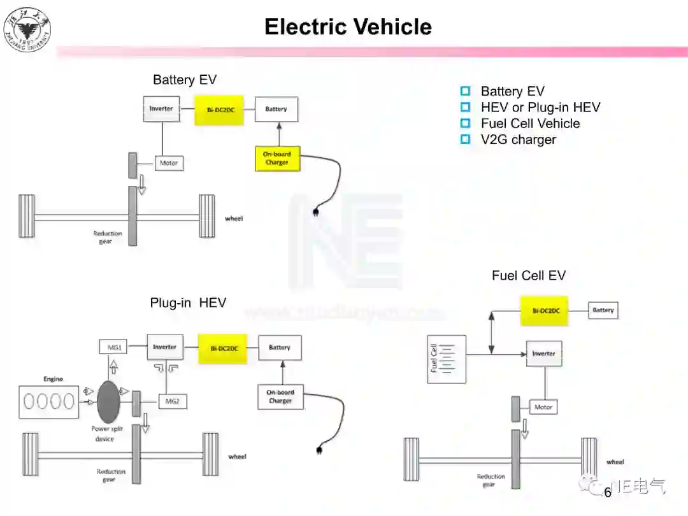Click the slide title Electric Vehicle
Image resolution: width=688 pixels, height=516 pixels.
[348, 27]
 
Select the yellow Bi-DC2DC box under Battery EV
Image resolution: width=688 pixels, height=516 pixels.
[220, 110]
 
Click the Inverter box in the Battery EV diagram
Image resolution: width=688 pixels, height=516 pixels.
[161, 109]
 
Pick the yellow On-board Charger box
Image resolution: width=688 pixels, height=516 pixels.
[276, 158]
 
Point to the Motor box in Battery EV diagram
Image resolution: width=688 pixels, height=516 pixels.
[169, 163]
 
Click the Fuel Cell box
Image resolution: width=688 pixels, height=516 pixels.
[447, 359]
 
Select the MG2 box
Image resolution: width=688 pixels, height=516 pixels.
[172, 401]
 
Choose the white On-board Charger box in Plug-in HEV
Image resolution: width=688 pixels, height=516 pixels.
[280, 396]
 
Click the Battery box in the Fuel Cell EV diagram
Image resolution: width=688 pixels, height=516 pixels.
[603, 310]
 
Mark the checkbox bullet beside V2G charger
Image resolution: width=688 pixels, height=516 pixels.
[466, 140]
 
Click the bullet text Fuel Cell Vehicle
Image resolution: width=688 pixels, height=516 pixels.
[530, 124]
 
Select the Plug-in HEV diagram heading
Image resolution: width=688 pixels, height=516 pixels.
[188, 303]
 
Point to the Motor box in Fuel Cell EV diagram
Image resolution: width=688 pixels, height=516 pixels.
[543, 407]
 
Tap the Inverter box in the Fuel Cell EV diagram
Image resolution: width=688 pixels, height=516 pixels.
[543, 354]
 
